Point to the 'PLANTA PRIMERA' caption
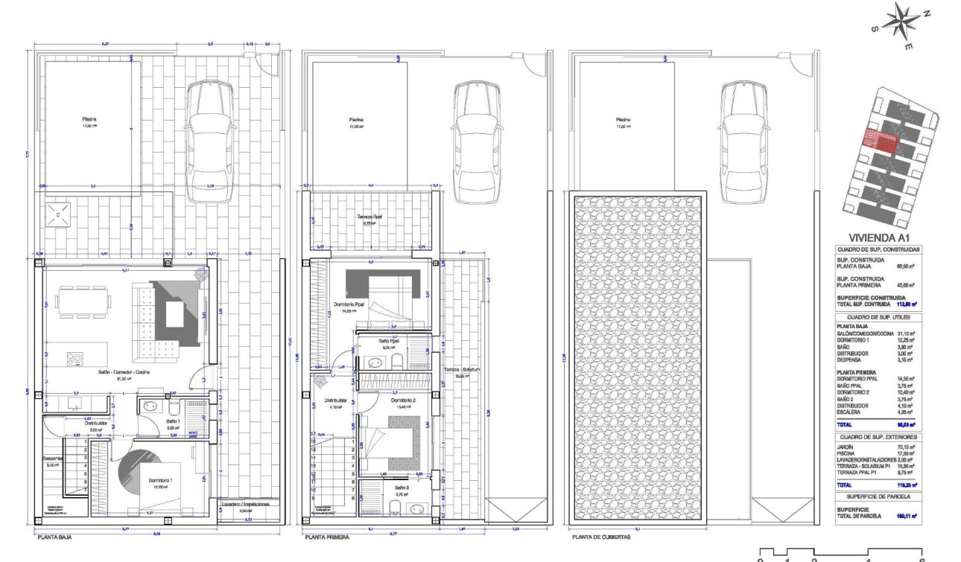[x=326, y=535]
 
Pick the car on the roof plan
[x=740, y=141]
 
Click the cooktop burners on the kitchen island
[x=74, y=357]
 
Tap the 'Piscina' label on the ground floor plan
[x=89, y=118]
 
